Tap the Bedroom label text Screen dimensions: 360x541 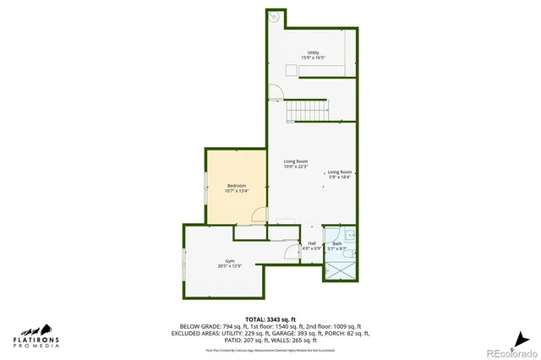point(236,188)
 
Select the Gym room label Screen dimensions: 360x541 point(229,264)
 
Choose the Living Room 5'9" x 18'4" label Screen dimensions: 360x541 point(340,174)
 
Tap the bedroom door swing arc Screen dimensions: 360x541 point(260,216)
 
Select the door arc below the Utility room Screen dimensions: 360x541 point(274,93)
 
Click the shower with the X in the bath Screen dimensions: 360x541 point(340,270)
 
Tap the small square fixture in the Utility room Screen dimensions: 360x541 point(290,70)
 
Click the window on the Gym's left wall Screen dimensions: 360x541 point(184,275)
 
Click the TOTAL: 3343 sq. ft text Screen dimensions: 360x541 point(270,319)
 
